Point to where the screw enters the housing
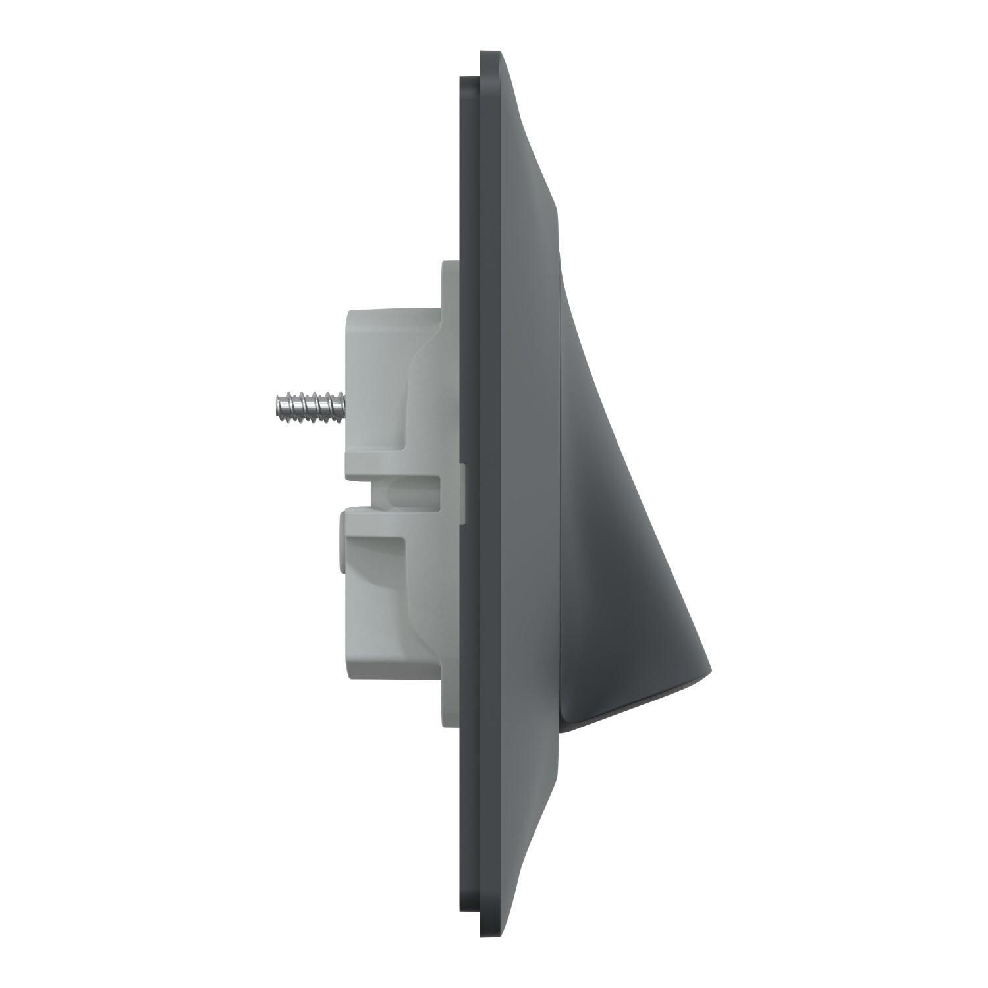tap(343, 403)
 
